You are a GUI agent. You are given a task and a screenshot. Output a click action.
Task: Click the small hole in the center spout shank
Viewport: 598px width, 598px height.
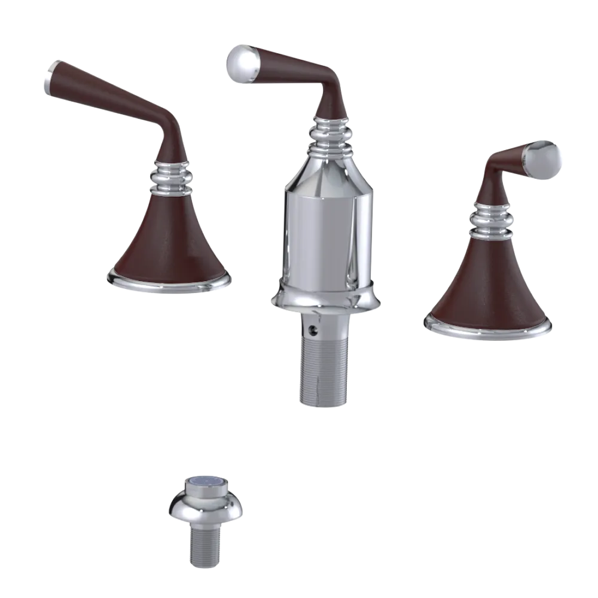click(309, 328)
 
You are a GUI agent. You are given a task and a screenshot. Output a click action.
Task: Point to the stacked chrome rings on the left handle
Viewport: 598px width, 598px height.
click(172, 176)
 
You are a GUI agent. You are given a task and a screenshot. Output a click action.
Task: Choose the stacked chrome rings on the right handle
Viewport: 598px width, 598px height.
click(492, 219)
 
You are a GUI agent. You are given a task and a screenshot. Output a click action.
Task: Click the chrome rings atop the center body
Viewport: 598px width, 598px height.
click(328, 132)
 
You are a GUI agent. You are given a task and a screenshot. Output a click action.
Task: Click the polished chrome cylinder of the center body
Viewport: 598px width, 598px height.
click(327, 227)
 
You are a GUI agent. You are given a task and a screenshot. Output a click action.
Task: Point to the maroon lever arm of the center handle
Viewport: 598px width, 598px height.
click(293, 66)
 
